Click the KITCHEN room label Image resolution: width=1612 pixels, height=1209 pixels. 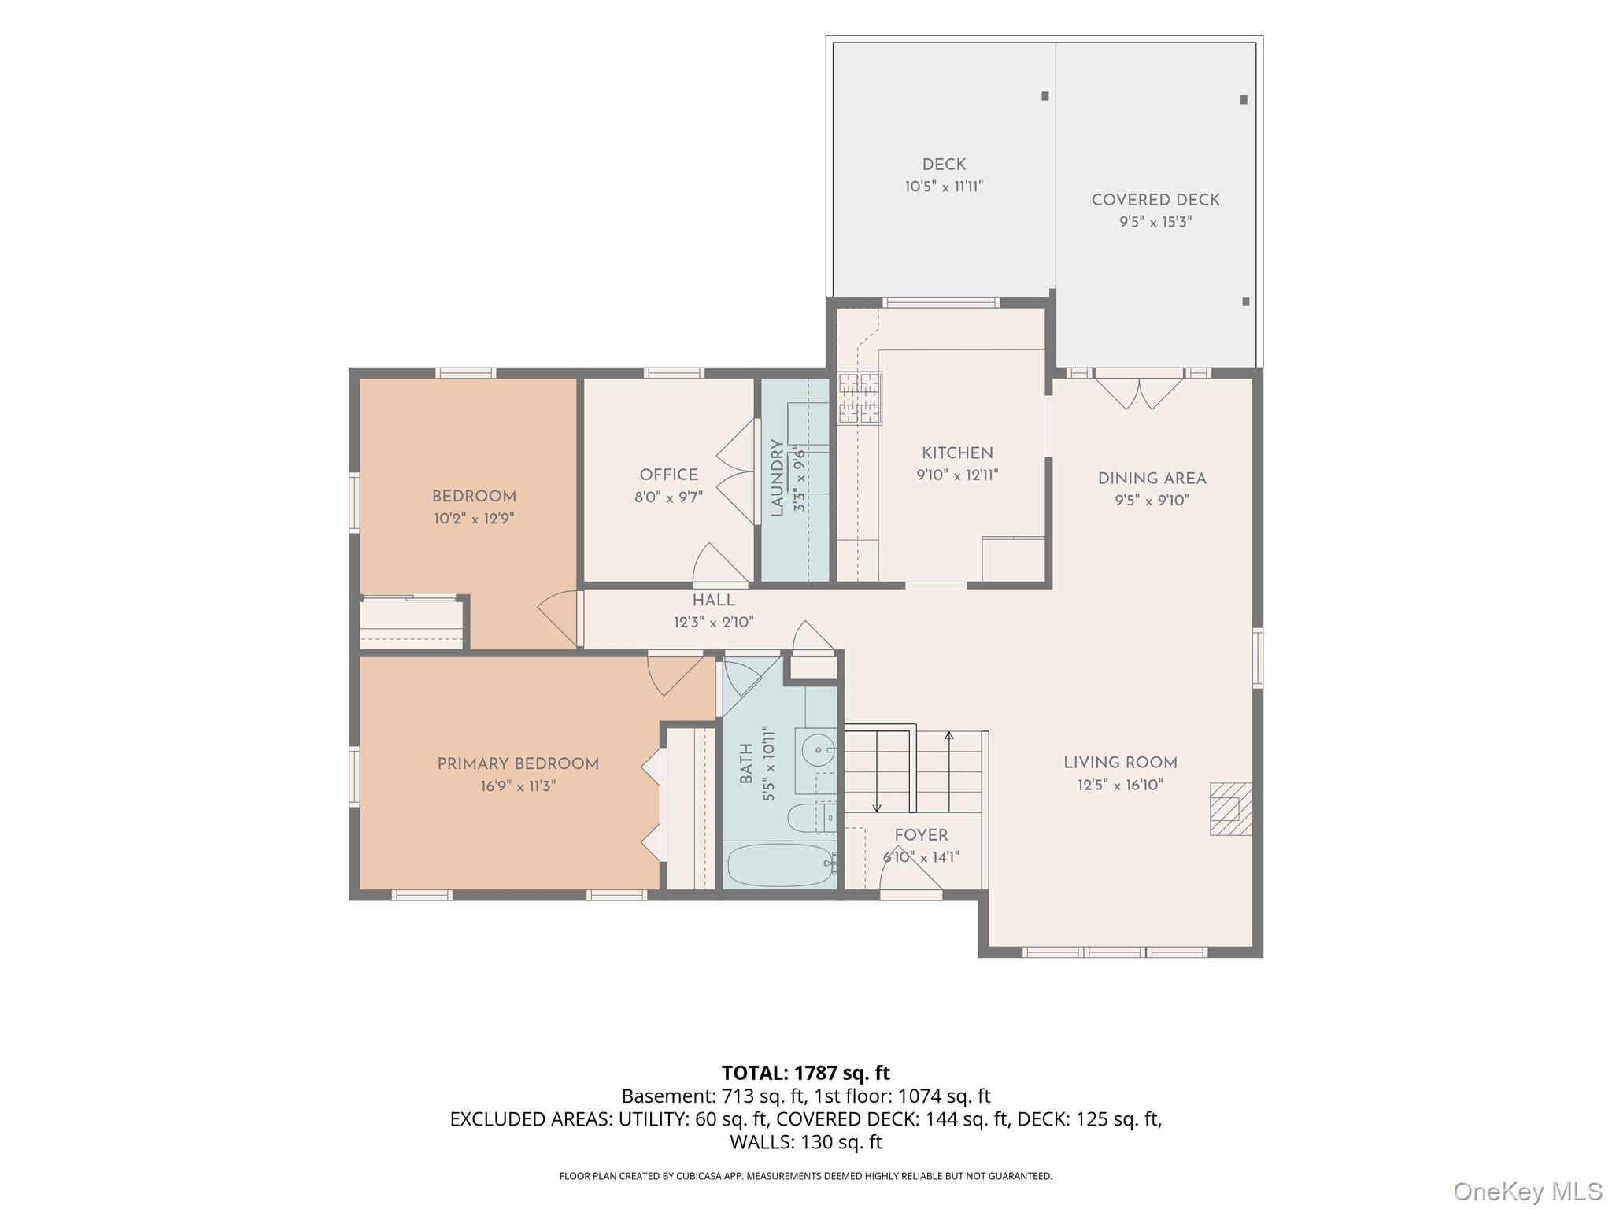957,453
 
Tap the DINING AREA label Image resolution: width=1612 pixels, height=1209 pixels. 1152,479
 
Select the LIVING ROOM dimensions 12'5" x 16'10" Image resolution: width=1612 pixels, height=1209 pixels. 1120,785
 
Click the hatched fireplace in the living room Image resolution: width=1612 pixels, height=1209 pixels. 1230,808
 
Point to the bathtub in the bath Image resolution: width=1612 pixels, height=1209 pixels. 779,864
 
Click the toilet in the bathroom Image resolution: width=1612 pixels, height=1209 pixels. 811,818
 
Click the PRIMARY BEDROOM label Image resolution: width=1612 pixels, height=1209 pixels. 518,764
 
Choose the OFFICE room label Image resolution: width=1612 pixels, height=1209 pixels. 668,475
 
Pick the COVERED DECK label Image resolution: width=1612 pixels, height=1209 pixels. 1155,200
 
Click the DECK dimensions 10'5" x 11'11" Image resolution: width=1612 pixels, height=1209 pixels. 944,187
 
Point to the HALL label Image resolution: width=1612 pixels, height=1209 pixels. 713,601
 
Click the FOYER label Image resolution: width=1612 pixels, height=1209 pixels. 921,835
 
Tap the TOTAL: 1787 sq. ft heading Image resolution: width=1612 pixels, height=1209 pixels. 806,1073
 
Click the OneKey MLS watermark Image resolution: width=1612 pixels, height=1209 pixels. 1528,1191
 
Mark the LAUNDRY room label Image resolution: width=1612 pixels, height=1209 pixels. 777,478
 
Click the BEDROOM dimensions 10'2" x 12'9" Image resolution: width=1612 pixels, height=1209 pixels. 474,519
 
